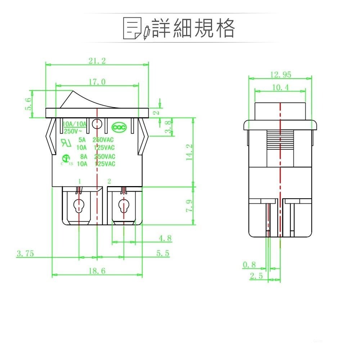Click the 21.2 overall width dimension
click(x=97, y=61)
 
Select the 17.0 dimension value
click(x=97, y=82)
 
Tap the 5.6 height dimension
click(x=28, y=104)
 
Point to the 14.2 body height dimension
click(x=190, y=152)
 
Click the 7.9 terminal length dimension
click(x=190, y=206)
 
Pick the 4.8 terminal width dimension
click(x=165, y=238)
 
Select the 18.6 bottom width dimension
click(x=97, y=271)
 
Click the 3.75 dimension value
click(x=25, y=253)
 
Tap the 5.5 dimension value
click(x=163, y=253)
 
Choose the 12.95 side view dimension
click(x=280, y=75)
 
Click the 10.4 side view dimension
click(x=280, y=87)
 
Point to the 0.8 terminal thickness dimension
click(x=249, y=265)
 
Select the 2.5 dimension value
click(x=256, y=276)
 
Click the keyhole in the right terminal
click(x=123, y=206)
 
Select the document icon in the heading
click(x=132, y=28)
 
